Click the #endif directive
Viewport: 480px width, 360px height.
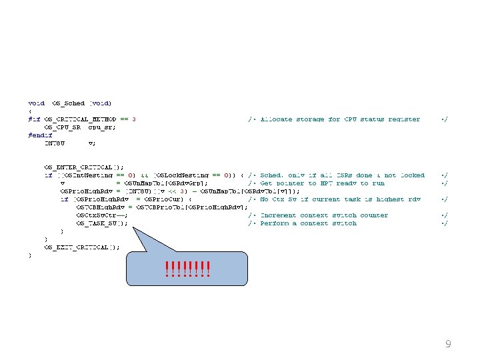pyautogui.click(x=41, y=135)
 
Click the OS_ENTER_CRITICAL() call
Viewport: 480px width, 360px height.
pyautogui.click(x=83, y=167)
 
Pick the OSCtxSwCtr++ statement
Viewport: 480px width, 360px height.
pyautogui.click(x=102, y=215)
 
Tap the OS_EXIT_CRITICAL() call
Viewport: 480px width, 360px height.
pyautogui.click(x=81, y=247)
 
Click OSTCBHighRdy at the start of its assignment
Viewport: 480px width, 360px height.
pyautogui.click(x=99, y=207)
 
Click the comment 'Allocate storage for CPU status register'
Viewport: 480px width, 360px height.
pyautogui.click(x=339, y=119)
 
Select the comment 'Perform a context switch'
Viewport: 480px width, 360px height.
pyautogui.click(x=308, y=223)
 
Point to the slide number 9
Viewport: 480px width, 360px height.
pyautogui.click(x=448, y=345)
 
